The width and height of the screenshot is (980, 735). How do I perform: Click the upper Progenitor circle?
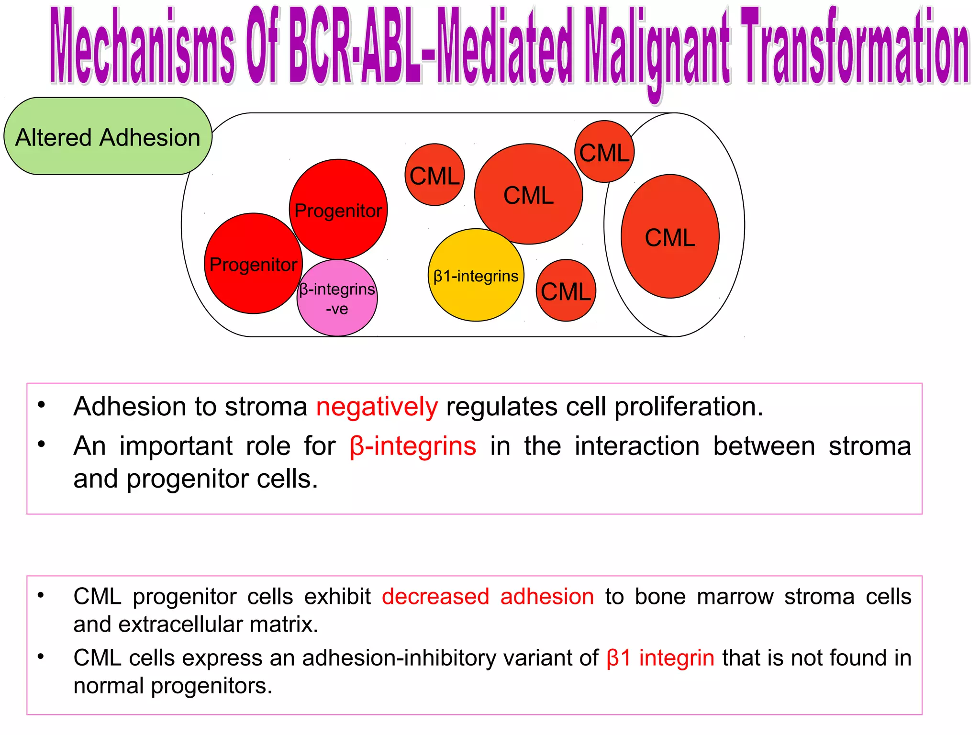coord(338,209)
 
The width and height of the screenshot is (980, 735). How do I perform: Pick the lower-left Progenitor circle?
coord(253,264)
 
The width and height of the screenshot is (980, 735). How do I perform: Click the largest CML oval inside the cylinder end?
coord(670,237)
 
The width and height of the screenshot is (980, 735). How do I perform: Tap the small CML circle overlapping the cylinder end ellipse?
coord(604,152)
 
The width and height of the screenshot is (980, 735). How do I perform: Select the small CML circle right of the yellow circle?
coord(566,290)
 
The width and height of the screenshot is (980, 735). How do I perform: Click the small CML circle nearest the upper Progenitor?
coord(434,175)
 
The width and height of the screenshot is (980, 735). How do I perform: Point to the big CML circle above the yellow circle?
coord(528,194)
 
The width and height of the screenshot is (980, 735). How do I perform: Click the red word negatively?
coord(377,407)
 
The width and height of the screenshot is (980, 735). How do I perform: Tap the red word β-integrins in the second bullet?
coord(413,446)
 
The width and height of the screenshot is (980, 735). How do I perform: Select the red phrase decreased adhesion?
coord(488,597)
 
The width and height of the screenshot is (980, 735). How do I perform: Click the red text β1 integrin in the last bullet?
coord(660,658)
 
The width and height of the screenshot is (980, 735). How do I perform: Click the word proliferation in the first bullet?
coord(688,407)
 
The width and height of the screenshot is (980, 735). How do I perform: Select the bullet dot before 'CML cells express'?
coord(41,657)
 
